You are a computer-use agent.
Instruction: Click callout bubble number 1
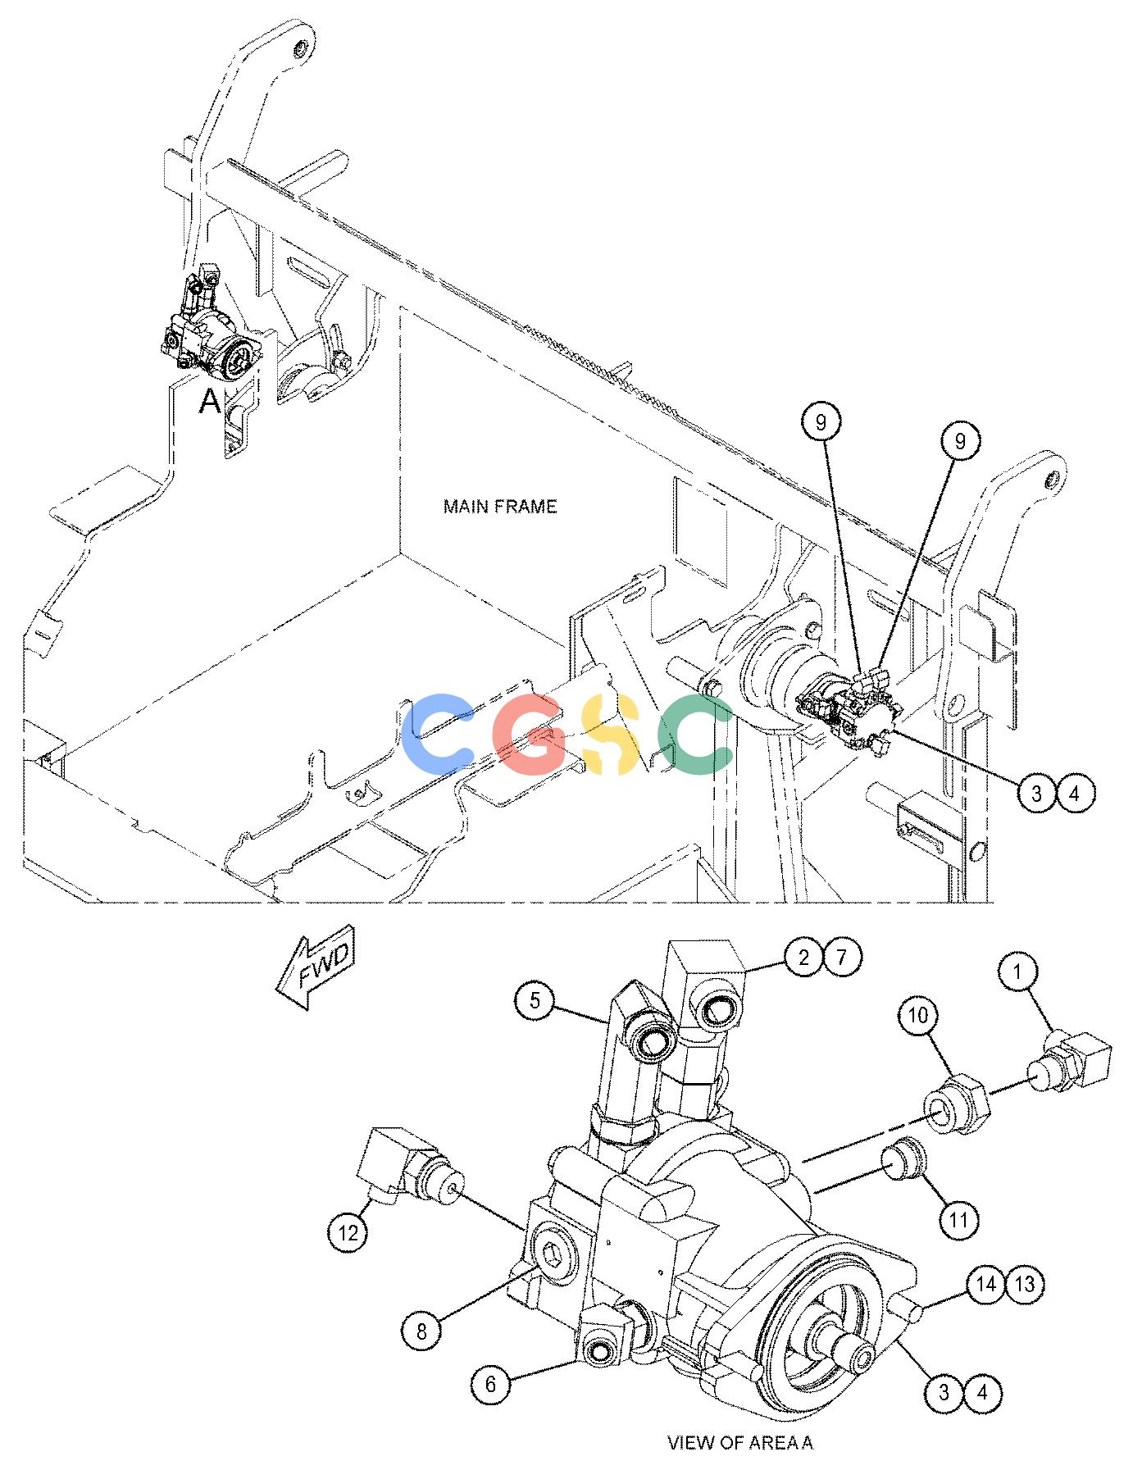[1018, 972]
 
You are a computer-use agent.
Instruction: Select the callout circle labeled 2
[803, 957]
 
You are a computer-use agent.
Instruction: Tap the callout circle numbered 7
[843, 957]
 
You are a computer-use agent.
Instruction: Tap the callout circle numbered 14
[985, 1283]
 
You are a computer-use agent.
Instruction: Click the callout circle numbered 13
[1025, 1283]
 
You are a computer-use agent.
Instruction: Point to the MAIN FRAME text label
[500, 507]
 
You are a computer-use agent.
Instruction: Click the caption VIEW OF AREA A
[740, 1443]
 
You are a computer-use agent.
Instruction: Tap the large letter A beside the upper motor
[211, 402]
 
